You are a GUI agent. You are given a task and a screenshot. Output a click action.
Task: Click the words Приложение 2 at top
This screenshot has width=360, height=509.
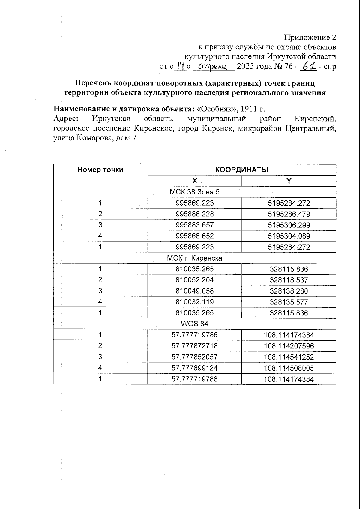pos(310,38)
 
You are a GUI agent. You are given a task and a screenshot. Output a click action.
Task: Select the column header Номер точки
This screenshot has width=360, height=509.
pos(100,170)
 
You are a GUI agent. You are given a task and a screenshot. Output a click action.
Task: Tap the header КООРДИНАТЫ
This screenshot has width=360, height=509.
pos(242,170)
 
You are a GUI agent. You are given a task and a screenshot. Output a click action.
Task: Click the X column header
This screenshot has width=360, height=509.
pos(195,181)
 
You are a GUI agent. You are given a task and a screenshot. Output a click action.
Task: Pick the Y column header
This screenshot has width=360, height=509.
pos(289,181)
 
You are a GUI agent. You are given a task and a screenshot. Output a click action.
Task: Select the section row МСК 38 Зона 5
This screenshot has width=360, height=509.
pos(195,192)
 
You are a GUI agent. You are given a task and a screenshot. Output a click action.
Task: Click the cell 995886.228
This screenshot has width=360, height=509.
pos(195,214)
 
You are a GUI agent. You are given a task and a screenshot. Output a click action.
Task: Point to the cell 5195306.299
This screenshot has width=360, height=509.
pos(289,225)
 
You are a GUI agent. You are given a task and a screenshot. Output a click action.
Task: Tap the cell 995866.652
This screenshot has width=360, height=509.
pos(195,236)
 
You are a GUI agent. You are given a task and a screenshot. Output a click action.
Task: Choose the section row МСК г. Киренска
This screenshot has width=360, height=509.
pos(195,258)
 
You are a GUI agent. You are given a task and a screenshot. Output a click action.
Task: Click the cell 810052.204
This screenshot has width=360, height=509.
pos(195,280)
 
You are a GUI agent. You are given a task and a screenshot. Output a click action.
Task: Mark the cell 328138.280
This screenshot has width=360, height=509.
pos(289,291)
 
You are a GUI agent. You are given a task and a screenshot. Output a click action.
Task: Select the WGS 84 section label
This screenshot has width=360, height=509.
pos(195,324)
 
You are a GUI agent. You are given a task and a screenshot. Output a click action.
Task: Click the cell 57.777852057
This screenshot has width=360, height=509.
pos(195,357)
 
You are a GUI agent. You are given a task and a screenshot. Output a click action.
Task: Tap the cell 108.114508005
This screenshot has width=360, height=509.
pos(289,368)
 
